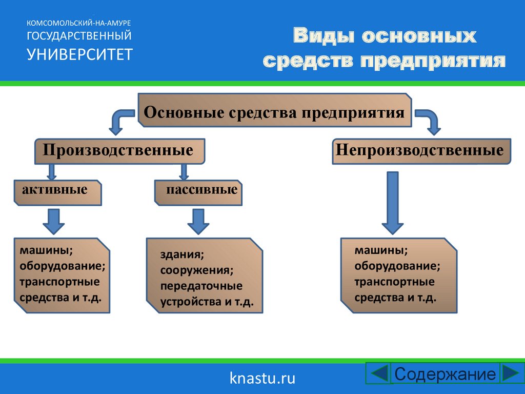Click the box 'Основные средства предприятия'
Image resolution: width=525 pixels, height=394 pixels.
(275, 111)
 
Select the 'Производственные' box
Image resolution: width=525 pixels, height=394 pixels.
(119, 151)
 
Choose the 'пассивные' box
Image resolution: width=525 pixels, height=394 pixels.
(198, 191)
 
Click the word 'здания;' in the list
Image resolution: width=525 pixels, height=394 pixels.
(182, 254)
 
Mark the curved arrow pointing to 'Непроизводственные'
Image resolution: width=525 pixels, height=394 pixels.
(429, 121)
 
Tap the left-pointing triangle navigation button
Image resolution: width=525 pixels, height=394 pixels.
(379, 373)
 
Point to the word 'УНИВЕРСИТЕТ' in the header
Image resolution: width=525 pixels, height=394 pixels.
(79, 54)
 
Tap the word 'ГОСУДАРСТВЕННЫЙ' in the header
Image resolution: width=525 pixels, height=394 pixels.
(79, 36)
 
